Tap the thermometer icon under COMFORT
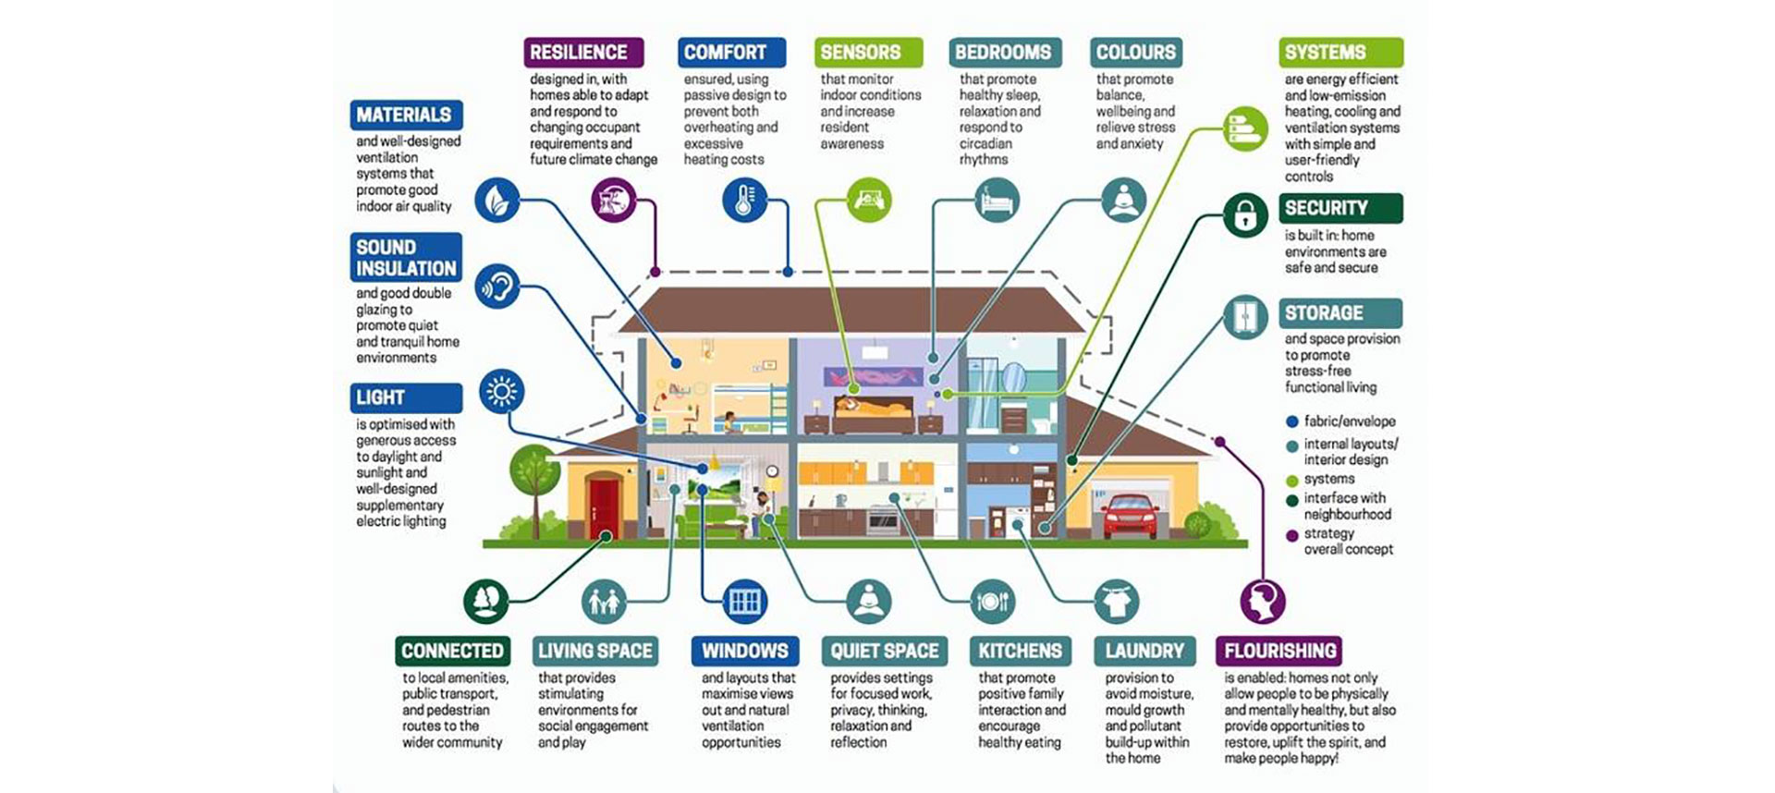point(745,200)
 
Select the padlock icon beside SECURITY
point(1244,215)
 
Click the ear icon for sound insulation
point(497,287)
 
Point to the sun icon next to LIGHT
point(502,392)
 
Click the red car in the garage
point(1131,516)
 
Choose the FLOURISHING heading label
point(1279,651)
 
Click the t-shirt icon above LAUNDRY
point(1117,602)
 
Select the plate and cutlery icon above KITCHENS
point(992,602)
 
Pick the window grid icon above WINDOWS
point(744,602)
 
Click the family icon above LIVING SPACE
point(605,602)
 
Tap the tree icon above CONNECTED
point(486,602)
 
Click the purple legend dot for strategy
point(1292,536)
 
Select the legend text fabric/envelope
point(1350,421)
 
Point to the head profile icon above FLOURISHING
point(1263,602)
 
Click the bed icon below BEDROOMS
point(998,200)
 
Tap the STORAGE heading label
point(1340,313)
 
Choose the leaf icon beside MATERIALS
point(497,200)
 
